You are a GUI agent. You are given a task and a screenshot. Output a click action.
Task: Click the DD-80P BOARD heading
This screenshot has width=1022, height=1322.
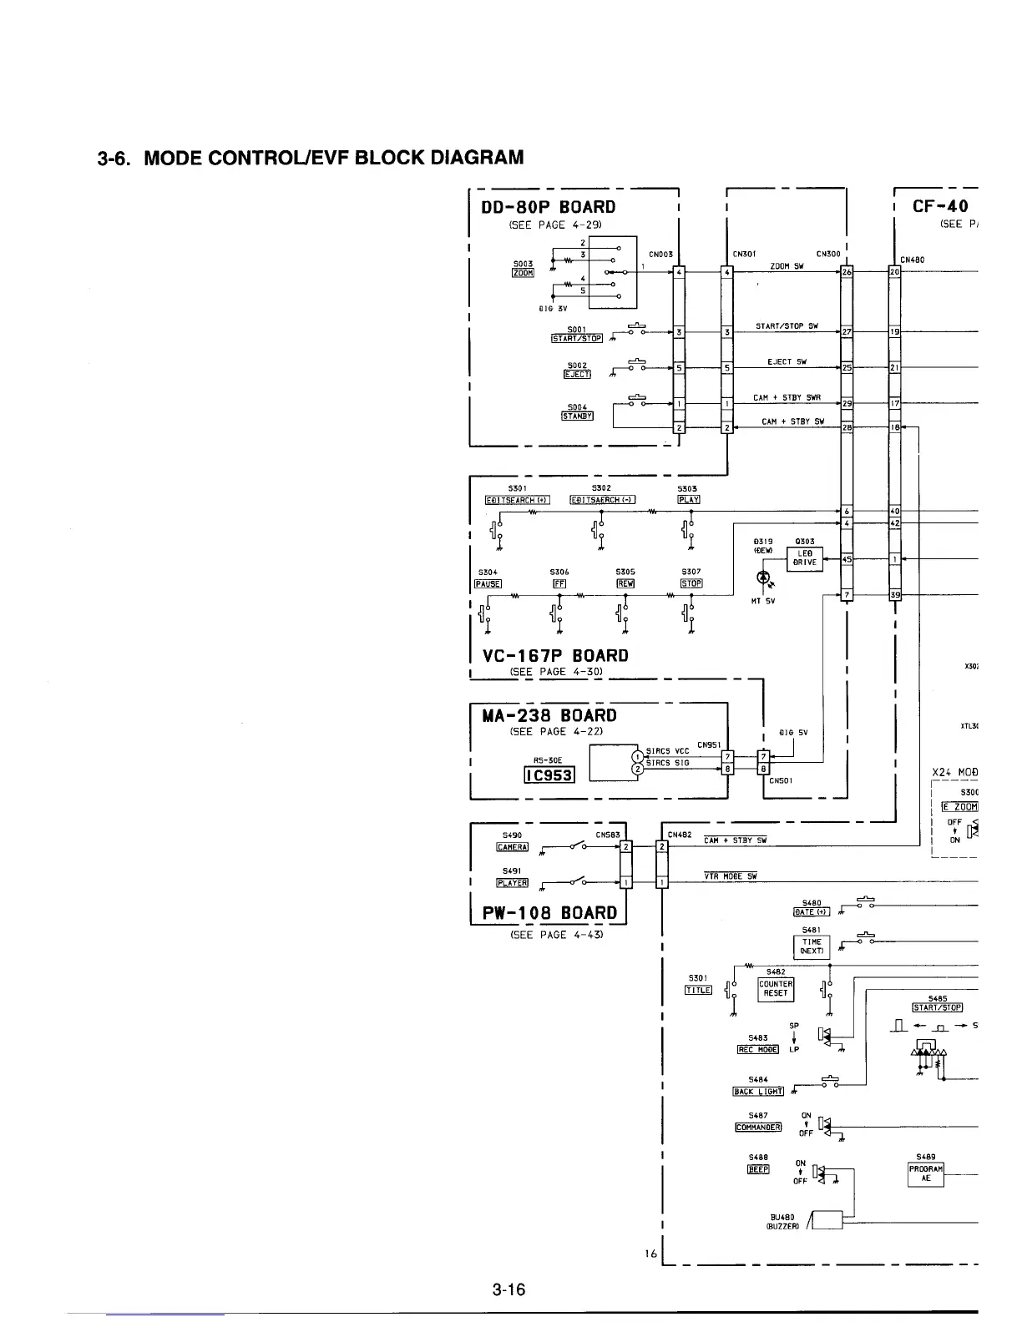(x=549, y=207)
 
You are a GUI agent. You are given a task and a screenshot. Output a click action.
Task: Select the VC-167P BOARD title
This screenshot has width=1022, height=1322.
(x=551, y=655)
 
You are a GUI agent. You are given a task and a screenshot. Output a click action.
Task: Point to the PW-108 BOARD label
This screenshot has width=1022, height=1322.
(x=549, y=912)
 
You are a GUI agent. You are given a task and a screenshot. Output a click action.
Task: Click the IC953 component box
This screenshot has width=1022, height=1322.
(x=548, y=775)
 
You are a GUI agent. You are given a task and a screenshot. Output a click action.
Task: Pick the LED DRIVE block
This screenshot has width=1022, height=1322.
(x=806, y=558)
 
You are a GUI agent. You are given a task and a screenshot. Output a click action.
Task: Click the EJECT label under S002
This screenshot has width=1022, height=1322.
(x=577, y=374)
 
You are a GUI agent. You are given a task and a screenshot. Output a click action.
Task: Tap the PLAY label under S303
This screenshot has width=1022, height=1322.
(x=689, y=500)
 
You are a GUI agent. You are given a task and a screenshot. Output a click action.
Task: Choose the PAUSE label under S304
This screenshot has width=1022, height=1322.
(x=487, y=583)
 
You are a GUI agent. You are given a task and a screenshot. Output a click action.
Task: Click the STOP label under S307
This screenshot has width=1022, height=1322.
(x=691, y=583)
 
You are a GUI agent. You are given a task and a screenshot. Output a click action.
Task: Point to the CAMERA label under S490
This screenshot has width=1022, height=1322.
(x=512, y=847)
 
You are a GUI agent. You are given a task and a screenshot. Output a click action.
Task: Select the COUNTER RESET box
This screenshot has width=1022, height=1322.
(x=775, y=989)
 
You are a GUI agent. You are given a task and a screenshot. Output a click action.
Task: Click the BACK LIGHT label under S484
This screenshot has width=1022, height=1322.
(x=757, y=1091)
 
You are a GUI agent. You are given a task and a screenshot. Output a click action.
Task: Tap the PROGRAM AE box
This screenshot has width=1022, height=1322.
(x=926, y=1173)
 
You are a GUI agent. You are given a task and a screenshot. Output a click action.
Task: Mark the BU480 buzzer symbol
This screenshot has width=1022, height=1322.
(x=827, y=1219)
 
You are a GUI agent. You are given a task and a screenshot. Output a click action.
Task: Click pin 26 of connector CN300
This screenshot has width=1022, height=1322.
(x=847, y=272)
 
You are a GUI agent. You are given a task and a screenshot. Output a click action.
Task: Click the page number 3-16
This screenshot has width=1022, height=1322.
(x=508, y=1289)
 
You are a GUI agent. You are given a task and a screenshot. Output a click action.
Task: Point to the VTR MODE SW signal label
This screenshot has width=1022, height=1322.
(x=730, y=876)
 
